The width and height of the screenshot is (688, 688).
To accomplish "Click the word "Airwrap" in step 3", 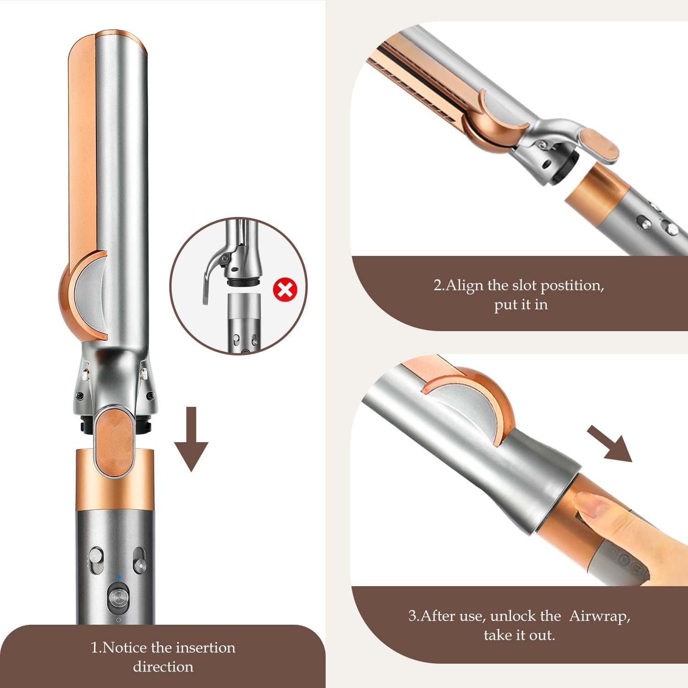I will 599,616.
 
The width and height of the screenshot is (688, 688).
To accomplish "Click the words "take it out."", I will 519,635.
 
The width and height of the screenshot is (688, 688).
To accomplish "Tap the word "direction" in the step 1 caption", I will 163,666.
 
